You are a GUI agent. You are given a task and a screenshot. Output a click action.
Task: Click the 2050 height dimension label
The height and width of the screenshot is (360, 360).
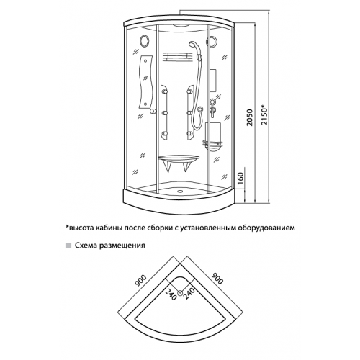(x=250, y=117)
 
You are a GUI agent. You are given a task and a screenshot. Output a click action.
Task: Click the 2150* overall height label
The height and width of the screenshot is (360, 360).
(x=264, y=114)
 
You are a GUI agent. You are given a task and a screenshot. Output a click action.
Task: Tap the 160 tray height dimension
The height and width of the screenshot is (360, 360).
(x=240, y=177)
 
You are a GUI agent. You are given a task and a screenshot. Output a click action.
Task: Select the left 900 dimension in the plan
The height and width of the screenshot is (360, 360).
(x=140, y=281)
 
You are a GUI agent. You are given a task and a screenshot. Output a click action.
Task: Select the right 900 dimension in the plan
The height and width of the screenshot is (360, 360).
(x=217, y=278)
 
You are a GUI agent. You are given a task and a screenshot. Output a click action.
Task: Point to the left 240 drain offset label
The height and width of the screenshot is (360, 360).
(x=171, y=294)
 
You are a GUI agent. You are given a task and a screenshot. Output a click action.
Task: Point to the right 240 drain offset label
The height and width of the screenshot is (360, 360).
(x=189, y=294)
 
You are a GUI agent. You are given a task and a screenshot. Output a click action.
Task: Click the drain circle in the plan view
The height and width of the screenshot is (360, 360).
(x=180, y=292)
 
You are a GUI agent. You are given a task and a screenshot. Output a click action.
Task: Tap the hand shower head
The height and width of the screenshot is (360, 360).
(x=193, y=45)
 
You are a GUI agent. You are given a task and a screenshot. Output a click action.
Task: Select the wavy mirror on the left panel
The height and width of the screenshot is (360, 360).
(x=145, y=82)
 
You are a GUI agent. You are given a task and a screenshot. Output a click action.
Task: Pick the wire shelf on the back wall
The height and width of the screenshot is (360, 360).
(x=177, y=58)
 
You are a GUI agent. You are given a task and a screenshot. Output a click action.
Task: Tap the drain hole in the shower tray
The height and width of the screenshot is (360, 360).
(x=179, y=192)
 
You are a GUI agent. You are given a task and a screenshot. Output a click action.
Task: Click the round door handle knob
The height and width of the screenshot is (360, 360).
(x=153, y=112)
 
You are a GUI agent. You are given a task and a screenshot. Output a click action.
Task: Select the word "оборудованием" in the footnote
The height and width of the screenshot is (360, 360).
(x=266, y=228)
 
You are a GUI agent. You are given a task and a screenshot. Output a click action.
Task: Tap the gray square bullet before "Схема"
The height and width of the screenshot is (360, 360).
(x=68, y=246)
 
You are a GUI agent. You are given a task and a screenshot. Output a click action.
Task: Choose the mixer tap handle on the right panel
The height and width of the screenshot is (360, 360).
(x=212, y=111)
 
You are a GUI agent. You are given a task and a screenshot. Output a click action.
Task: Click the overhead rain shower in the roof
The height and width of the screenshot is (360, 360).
(x=183, y=25)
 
